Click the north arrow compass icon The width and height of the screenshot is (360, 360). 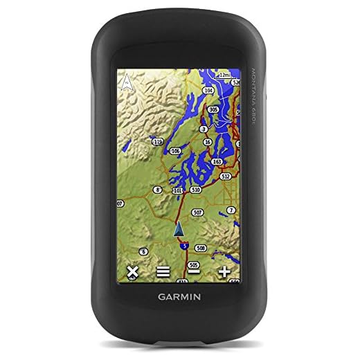127,84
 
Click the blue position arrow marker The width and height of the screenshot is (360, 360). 178,229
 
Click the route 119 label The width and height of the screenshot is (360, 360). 158,142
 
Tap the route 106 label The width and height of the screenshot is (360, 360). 175,151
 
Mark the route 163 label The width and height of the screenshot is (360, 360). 217,161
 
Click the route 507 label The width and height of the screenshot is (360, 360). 198,212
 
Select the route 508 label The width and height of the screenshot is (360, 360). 201,247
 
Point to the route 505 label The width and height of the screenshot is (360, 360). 194,264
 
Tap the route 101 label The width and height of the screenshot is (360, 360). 177,190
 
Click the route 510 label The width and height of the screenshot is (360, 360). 196,189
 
